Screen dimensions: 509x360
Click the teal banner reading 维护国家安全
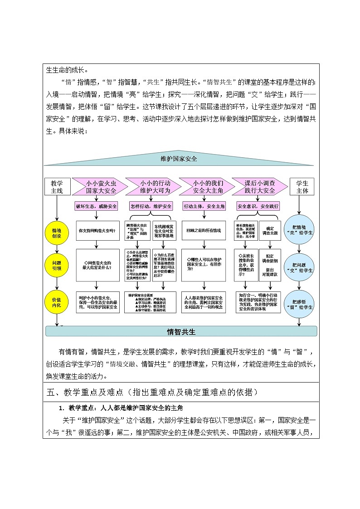[179, 159]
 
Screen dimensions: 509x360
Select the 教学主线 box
[57, 187]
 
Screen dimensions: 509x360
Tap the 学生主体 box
[302, 187]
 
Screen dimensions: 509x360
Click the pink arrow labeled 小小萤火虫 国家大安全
[98, 187]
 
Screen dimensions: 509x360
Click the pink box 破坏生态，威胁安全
[97, 206]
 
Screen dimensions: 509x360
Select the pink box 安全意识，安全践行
[258, 206]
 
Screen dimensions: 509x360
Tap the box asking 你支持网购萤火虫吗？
[97, 230]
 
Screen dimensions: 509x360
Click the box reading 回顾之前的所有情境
[204, 230]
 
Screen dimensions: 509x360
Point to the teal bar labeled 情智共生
[181, 332]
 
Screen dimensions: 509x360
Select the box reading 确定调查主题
[270, 230]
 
